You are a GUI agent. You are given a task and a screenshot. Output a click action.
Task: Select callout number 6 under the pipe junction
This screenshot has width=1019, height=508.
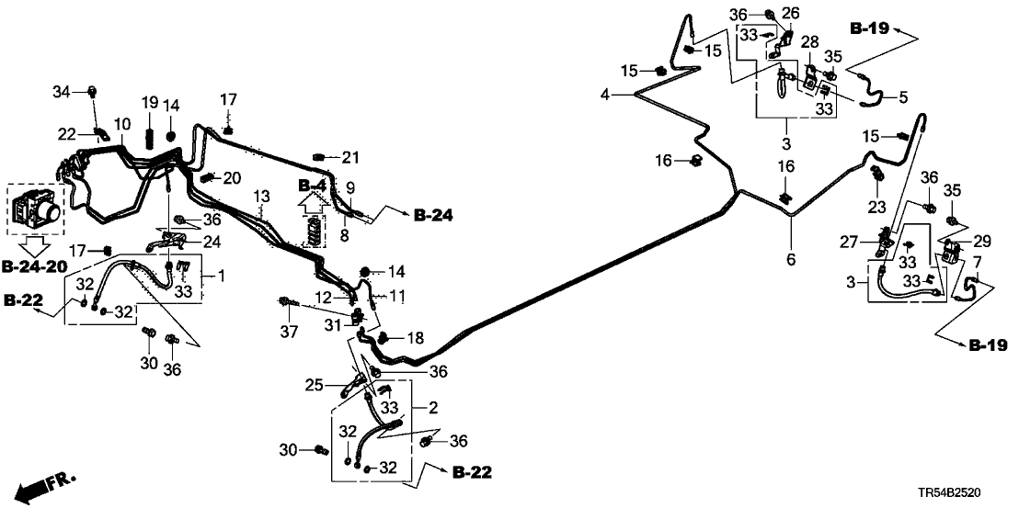pyautogui.click(x=790, y=260)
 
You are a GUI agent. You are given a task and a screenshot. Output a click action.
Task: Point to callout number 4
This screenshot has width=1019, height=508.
pyautogui.click(x=605, y=95)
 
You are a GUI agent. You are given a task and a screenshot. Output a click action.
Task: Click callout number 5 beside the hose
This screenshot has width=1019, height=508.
pyautogui.click(x=902, y=96)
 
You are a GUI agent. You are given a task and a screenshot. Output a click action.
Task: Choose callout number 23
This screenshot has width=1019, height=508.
pyautogui.click(x=876, y=205)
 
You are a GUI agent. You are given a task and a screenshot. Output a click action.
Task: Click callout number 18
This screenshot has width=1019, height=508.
pyautogui.click(x=416, y=339)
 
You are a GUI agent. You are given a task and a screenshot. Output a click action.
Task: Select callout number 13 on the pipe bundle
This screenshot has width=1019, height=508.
pyautogui.click(x=262, y=197)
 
